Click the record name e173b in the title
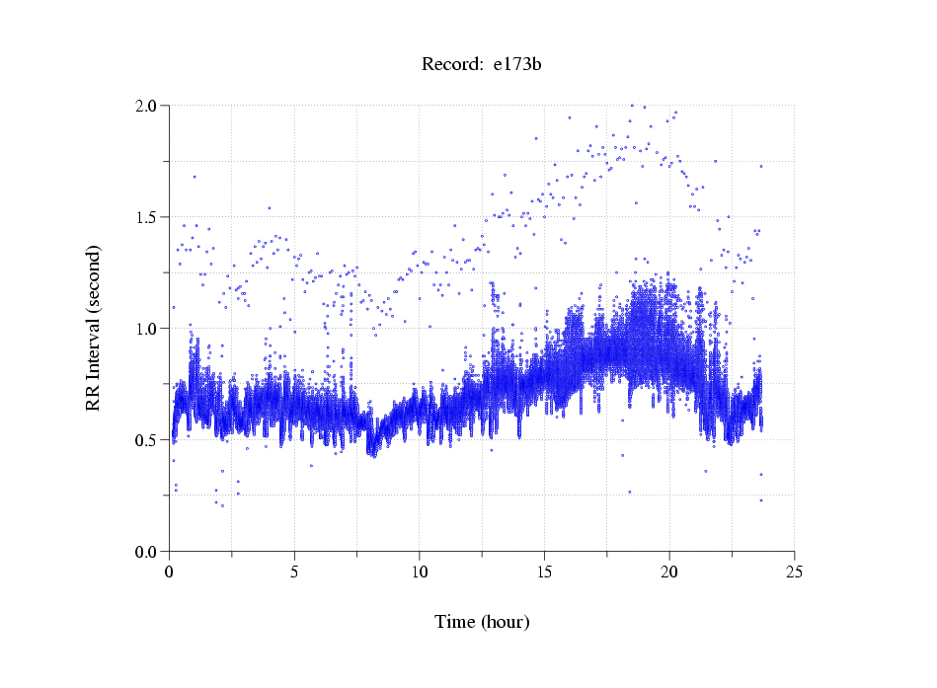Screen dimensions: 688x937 (518, 65)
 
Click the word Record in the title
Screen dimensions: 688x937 (446, 65)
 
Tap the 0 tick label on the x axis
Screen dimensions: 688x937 (170, 571)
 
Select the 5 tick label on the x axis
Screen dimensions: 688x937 (294, 571)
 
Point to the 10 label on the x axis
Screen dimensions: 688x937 (420, 571)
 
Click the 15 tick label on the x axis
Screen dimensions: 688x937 (544, 571)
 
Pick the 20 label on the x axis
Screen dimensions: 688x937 (669, 571)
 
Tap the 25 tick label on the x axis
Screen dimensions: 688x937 (794, 571)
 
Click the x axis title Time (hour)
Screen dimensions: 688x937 (482, 622)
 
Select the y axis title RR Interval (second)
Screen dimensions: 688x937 (94, 328)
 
